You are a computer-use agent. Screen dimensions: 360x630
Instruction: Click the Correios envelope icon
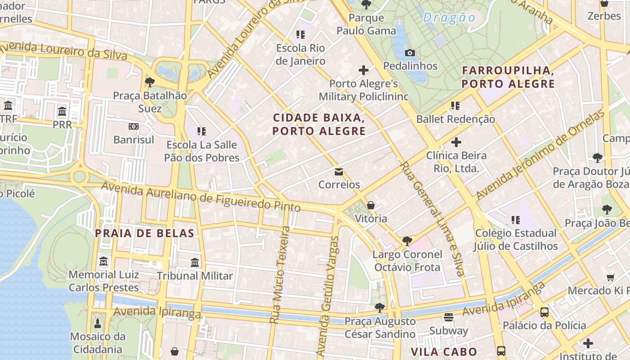tap(339, 172)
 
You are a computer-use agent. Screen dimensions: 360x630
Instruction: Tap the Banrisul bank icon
tap(134, 127)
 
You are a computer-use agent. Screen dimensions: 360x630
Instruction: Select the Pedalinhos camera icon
tap(409, 53)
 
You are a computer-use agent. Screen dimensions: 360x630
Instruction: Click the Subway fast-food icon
tap(448, 317)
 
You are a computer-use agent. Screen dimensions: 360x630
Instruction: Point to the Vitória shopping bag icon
tap(371, 206)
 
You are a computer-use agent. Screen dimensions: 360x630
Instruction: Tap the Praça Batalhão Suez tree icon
tap(150, 82)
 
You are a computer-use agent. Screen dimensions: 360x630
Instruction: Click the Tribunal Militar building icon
tap(195, 263)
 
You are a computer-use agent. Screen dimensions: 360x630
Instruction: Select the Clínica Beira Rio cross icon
tap(456, 143)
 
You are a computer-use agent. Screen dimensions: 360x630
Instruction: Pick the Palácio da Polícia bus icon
tap(544, 312)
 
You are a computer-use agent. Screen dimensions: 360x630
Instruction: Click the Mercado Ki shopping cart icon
tap(610, 278)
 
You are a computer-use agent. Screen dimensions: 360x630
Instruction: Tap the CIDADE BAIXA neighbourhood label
tap(319, 125)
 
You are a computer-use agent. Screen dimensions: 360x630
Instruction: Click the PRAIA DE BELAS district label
tap(144, 234)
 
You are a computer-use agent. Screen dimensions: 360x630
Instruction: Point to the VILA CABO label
tap(444, 352)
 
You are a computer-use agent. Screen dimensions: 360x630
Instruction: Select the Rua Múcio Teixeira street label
tap(280, 274)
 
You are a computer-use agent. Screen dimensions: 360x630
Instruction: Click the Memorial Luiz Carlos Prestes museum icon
tap(104, 261)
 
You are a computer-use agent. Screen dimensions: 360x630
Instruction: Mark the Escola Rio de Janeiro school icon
tap(300, 35)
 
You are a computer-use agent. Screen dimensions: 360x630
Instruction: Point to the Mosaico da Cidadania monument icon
tap(98, 324)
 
